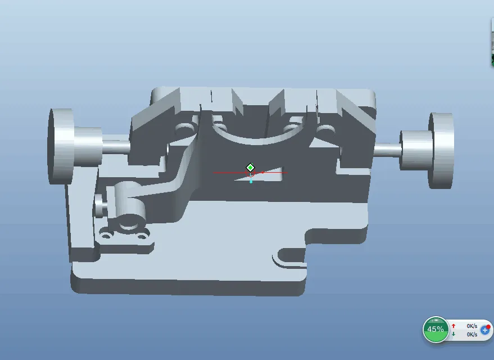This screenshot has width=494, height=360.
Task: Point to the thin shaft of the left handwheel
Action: (116, 147)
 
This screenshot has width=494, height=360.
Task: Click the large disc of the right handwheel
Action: (441, 150)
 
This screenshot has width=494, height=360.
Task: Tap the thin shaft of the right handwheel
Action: (387, 150)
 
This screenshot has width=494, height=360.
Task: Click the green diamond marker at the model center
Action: (251, 168)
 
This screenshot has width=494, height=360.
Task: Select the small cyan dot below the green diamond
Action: (251, 182)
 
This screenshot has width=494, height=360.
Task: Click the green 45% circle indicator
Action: (436, 329)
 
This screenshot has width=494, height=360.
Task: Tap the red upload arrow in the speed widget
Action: (454, 326)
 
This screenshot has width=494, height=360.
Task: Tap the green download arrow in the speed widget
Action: (454, 334)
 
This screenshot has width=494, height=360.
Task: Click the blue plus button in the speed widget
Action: (485, 330)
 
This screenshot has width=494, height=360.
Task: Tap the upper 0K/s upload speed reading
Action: (472, 326)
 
